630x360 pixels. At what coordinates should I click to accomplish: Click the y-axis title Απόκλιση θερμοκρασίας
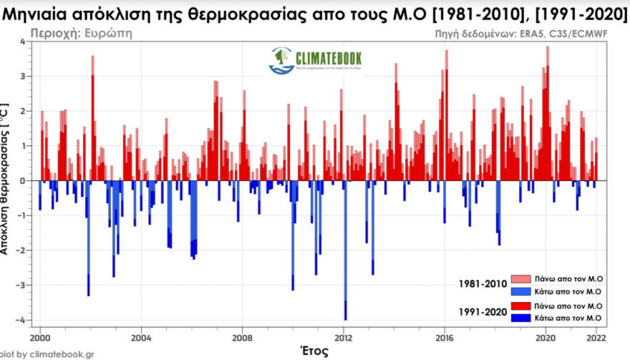6,179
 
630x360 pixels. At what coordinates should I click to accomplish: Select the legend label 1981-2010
483,284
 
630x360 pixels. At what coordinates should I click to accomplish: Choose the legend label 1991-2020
483,311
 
